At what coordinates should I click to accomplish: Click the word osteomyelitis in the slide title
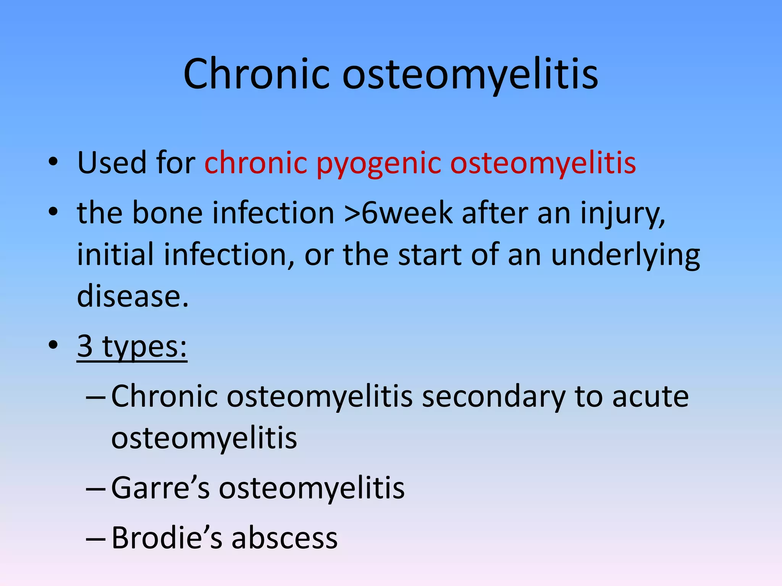pyautogui.click(x=470, y=74)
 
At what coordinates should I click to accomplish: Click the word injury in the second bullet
pyautogui.click(x=622, y=214)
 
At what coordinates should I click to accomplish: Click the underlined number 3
pyautogui.click(x=85, y=346)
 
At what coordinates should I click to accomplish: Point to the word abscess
pyautogui.click(x=284, y=538)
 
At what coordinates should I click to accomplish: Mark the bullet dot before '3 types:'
pyautogui.click(x=53, y=345)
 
